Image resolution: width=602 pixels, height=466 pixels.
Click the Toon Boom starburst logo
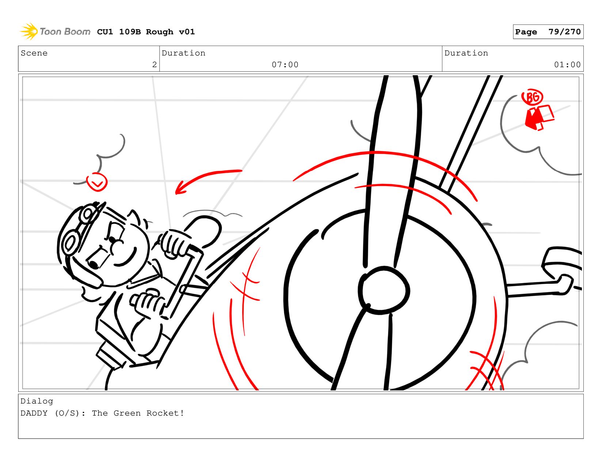[x=29, y=31]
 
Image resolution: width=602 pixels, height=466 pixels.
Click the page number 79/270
[x=564, y=31]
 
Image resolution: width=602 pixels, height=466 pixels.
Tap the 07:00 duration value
[x=285, y=65]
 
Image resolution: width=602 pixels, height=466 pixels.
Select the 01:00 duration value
[x=567, y=65]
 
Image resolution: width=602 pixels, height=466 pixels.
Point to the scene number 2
[x=154, y=65]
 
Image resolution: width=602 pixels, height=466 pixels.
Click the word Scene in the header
[x=34, y=53]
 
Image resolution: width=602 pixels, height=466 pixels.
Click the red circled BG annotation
[x=532, y=97]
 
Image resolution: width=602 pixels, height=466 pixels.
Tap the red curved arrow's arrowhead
[x=180, y=188]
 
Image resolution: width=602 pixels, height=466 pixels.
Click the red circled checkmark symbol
[x=97, y=182]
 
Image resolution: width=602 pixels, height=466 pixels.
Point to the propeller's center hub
[x=384, y=290]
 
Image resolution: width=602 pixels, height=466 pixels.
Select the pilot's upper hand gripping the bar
[x=175, y=243]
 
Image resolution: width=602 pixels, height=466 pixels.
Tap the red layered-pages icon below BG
[x=539, y=117]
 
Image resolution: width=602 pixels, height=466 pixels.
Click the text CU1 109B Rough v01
[x=146, y=31]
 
